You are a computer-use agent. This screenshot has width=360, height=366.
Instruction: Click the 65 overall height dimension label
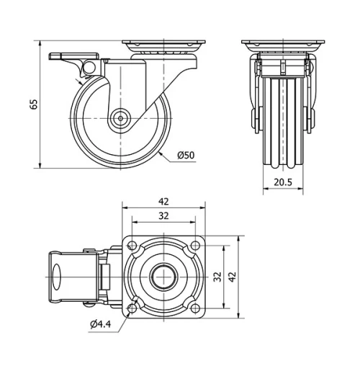coord(33,104)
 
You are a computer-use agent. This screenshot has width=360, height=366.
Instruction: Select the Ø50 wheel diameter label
coord(185,155)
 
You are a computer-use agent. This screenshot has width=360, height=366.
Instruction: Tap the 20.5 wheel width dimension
coord(284,183)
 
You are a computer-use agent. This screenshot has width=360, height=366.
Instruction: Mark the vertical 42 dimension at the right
coord(231,276)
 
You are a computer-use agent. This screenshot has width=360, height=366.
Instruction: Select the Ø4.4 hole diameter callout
coord(100,323)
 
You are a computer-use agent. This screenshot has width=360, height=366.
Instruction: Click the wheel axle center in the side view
coord(120,120)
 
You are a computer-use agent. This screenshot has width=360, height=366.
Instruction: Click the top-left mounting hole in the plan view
coord(132,245)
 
